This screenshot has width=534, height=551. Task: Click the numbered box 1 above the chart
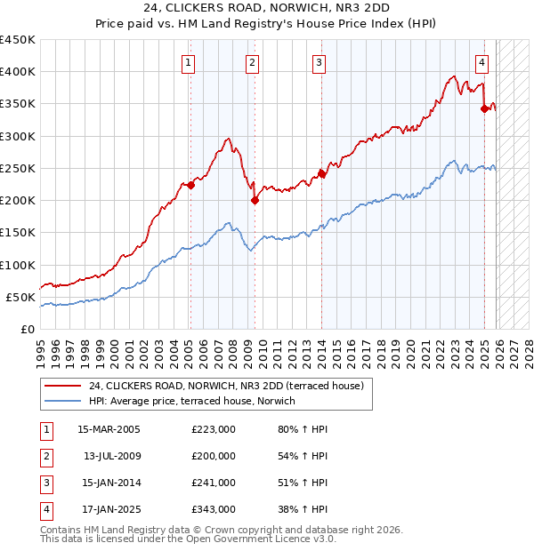coord(190,62)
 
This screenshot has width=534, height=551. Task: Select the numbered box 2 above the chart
coord(254,62)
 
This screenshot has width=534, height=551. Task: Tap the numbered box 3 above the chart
coord(319,62)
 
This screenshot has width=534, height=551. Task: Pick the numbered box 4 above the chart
coord(481,62)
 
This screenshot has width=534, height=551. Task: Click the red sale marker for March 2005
coord(190,186)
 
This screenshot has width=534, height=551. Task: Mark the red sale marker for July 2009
coord(255,200)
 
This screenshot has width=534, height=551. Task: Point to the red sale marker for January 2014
coord(321,174)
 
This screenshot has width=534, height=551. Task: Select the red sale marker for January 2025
coord(484,108)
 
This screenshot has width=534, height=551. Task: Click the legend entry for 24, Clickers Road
coord(226,387)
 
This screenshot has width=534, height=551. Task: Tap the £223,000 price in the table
coord(214,429)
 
